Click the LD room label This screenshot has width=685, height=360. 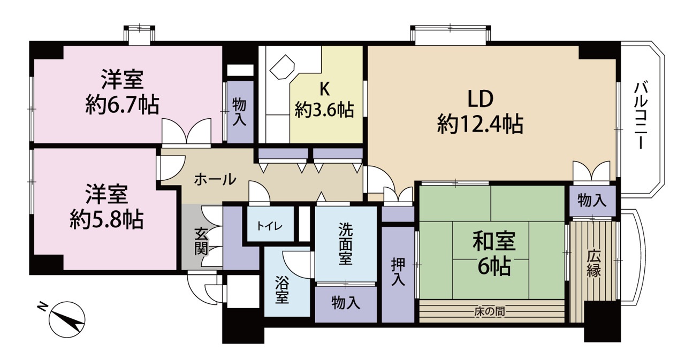(481, 99)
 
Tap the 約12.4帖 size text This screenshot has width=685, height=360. (480, 124)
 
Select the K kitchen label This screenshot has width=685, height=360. (324, 89)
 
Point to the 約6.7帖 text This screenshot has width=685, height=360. (122, 105)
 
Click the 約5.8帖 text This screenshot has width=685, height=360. (106, 219)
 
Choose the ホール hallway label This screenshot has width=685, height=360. (215, 179)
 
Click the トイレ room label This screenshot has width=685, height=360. (270, 226)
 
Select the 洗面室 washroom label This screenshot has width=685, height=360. (345, 243)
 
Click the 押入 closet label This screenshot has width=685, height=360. (398, 272)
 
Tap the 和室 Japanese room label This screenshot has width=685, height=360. (494, 241)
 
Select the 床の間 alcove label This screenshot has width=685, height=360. (490, 312)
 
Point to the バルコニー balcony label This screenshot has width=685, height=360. (641, 116)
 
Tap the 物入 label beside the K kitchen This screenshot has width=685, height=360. (239, 112)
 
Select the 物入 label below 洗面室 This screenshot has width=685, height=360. (346, 303)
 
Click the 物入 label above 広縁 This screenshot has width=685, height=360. (592, 201)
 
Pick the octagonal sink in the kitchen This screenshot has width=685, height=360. (282, 67)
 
